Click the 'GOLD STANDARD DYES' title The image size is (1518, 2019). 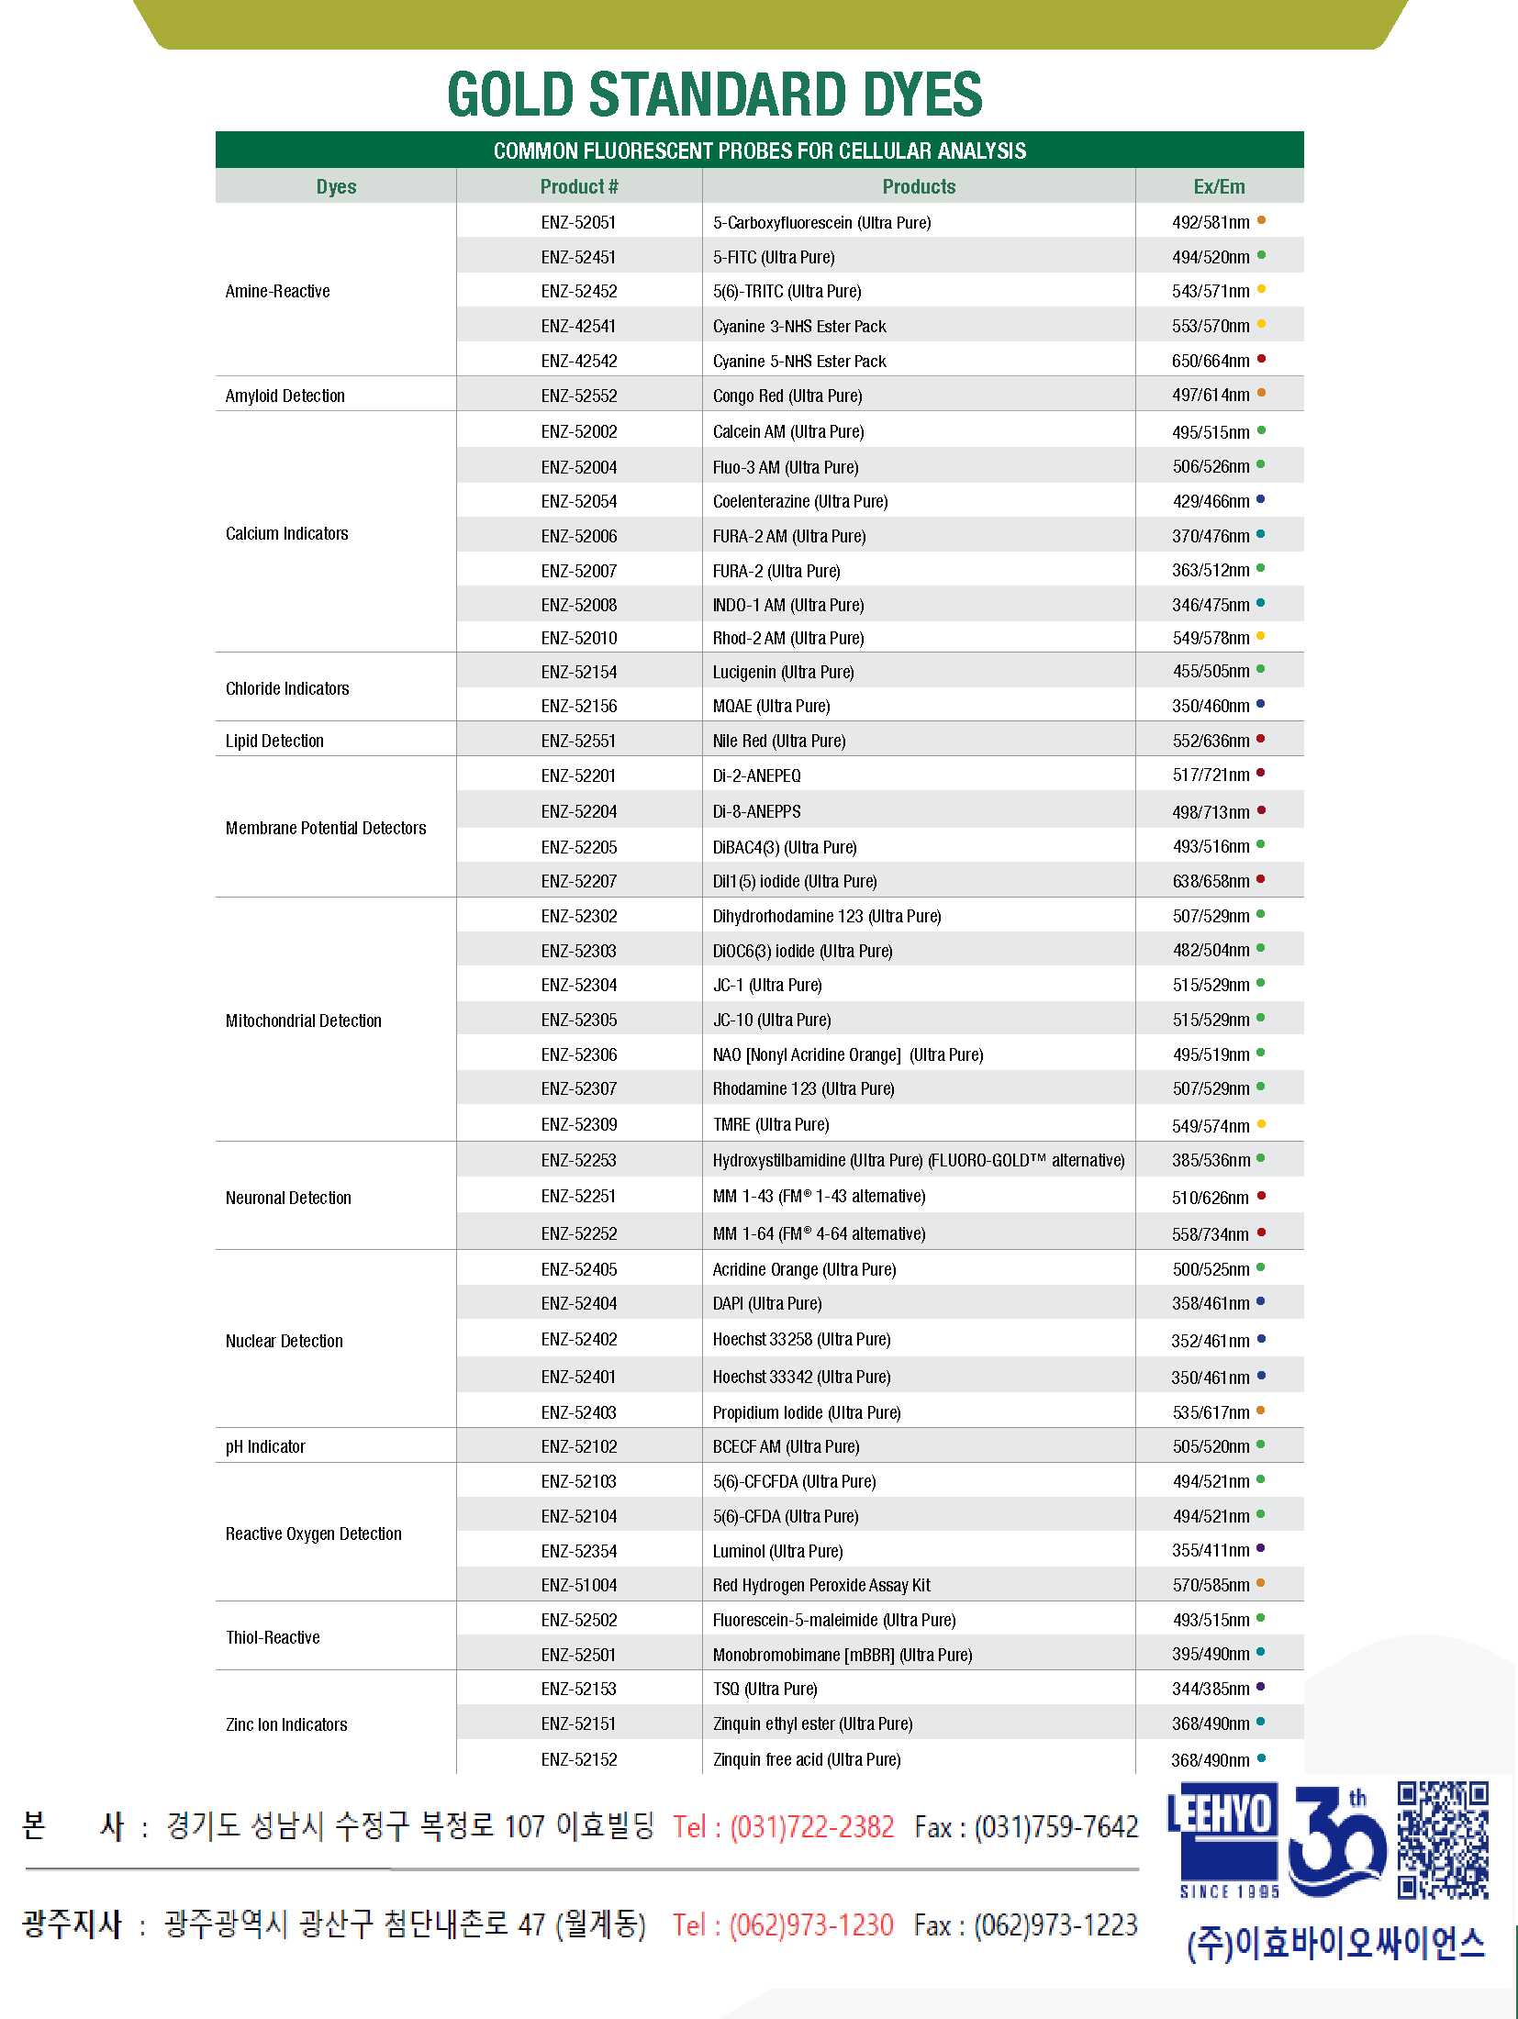714,95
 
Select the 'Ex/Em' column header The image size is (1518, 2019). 1219,186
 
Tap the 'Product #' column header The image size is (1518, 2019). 579,186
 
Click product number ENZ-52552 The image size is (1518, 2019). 579,396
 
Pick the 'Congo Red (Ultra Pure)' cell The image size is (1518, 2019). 787,396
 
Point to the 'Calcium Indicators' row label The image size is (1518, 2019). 287,533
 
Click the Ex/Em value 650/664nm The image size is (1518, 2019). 1210,361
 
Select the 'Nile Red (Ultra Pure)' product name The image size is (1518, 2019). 779,741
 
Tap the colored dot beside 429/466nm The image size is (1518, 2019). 1261,500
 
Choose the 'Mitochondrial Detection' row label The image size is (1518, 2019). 304,1021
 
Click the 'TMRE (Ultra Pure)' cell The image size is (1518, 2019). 771,1124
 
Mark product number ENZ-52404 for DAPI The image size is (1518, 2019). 579,1303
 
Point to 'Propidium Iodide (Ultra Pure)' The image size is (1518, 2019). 807,1412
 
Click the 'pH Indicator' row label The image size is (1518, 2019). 265,1446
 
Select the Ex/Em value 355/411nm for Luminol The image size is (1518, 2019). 1211,1550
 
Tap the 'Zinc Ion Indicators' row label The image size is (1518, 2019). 286,1724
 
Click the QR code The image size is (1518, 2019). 1442,1840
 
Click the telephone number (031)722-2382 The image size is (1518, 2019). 811,1826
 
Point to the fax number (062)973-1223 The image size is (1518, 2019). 1055,1924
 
